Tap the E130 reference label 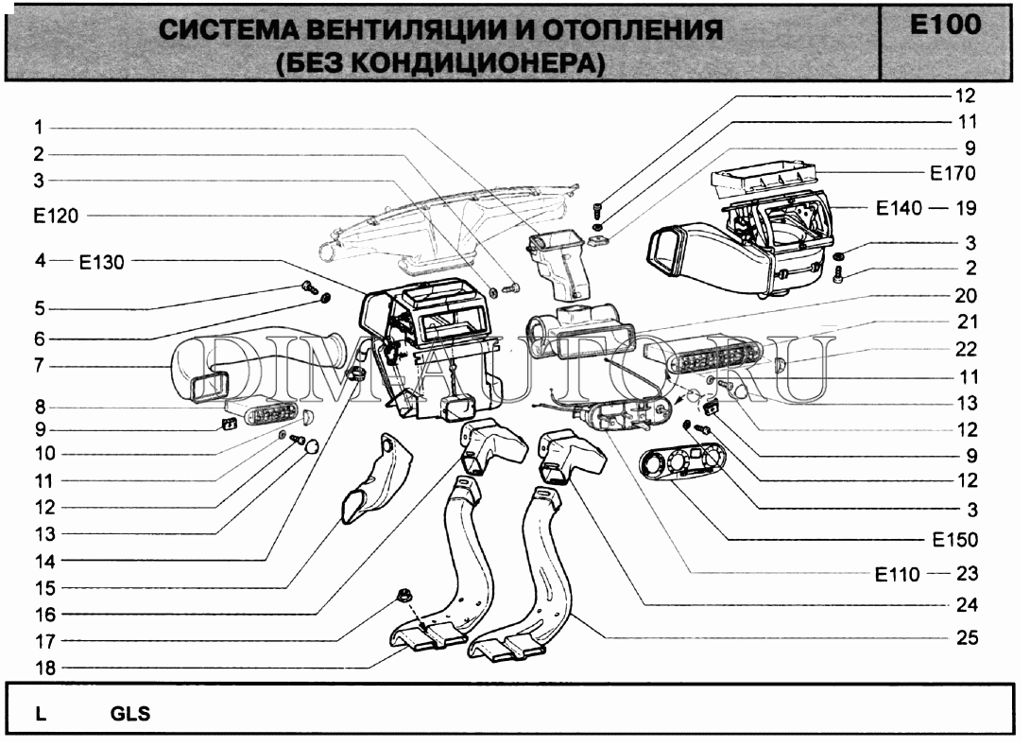(x=101, y=263)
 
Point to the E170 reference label (x=952, y=173)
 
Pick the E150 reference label (x=953, y=540)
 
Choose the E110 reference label (x=896, y=573)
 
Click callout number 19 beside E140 (x=966, y=208)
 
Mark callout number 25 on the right (x=966, y=637)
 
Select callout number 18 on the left (x=45, y=667)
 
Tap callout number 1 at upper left (x=40, y=127)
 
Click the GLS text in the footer (x=130, y=714)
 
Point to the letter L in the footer (x=41, y=714)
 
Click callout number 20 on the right (x=966, y=296)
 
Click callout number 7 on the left (x=40, y=365)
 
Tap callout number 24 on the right (x=966, y=604)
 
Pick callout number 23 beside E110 (x=966, y=573)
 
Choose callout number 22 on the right (x=966, y=349)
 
